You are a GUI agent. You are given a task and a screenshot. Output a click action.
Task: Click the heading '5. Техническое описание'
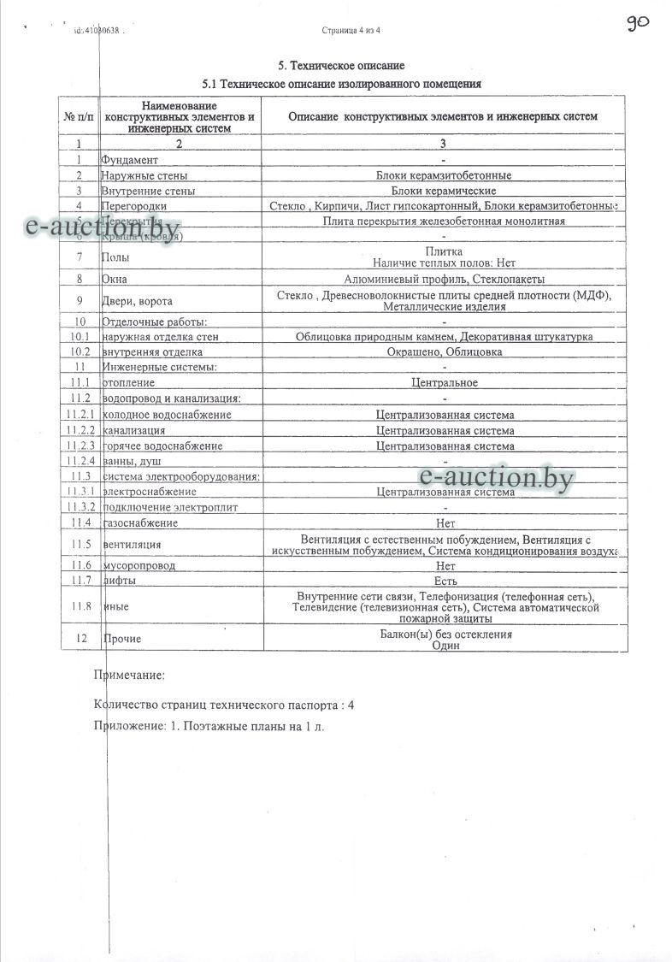point(341,66)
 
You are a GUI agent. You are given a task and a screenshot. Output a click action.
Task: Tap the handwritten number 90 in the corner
point(638,23)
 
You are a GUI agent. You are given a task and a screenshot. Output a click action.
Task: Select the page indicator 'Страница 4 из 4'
point(351,30)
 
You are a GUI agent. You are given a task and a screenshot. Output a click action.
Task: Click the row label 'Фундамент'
point(130,160)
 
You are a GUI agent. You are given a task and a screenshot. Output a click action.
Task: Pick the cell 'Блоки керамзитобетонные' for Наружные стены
point(444,175)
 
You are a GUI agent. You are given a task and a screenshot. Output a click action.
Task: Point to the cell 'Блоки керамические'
point(444,191)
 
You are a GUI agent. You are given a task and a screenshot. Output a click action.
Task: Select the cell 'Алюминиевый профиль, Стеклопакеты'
point(444,279)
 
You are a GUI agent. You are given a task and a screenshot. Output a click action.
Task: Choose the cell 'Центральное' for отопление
point(444,383)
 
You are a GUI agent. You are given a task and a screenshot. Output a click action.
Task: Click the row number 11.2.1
point(81,415)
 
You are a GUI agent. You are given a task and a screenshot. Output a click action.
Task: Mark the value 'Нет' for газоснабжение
point(444,522)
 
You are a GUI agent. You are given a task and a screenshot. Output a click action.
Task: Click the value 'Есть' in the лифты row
point(444,581)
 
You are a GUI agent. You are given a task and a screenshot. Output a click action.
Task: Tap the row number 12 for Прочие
point(81,639)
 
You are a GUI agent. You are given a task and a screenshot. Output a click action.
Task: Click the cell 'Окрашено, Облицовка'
point(444,352)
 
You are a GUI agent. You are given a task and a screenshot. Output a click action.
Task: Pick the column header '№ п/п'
point(80,116)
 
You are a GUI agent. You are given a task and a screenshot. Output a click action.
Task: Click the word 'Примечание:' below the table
point(128,676)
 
